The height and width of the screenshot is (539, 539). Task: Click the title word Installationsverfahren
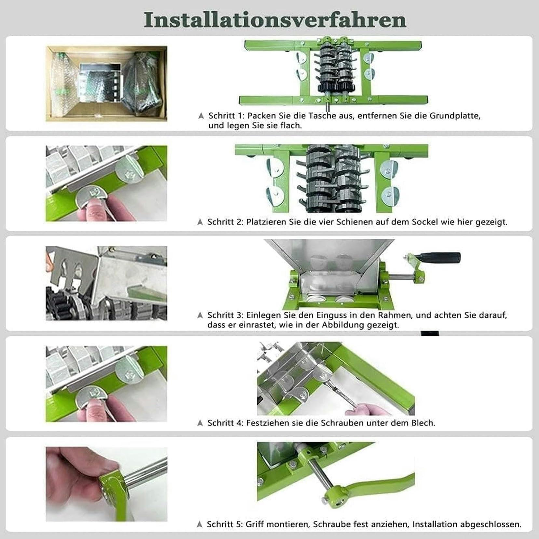click(x=275, y=20)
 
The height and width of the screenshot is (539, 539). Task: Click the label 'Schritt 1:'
click(x=226, y=116)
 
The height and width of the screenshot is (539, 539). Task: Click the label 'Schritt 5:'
click(x=225, y=524)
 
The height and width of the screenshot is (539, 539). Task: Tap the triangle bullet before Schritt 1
click(x=201, y=116)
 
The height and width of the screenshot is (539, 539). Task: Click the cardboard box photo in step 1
click(x=106, y=84)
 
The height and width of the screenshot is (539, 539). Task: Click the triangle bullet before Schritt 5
click(x=200, y=524)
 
